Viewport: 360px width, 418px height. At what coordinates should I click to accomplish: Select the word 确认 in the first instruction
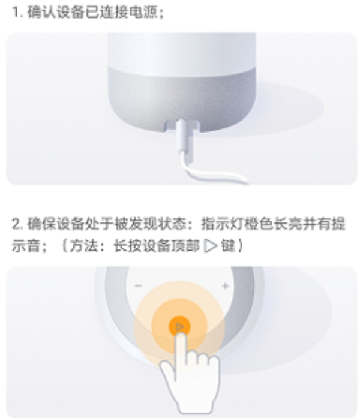click(38, 12)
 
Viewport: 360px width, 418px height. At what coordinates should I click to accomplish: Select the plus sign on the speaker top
click(225, 286)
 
